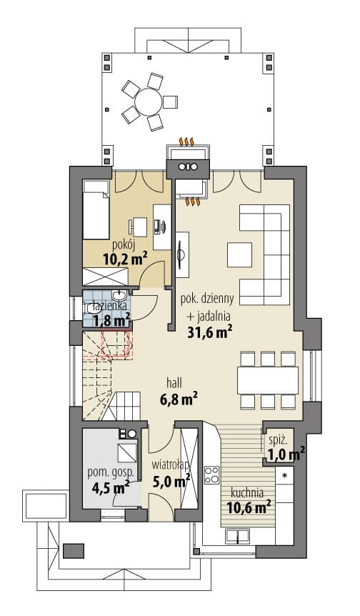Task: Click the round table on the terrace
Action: (148, 101)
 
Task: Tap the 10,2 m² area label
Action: (125, 259)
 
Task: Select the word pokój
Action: (124, 245)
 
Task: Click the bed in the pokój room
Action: (96, 210)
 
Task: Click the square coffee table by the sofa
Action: (239, 254)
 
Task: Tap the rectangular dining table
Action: (268, 380)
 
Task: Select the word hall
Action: (174, 382)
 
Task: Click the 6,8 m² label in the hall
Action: (179, 399)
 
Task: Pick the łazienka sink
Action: (119, 294)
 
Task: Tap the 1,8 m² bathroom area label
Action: (111, 321)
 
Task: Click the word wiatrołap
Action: (171, 465)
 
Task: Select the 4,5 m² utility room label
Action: (111, 488)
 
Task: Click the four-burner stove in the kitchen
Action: (211, 475)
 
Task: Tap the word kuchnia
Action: (247, 492)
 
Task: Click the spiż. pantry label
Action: (279, 440)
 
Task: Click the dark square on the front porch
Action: (74, 551)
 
